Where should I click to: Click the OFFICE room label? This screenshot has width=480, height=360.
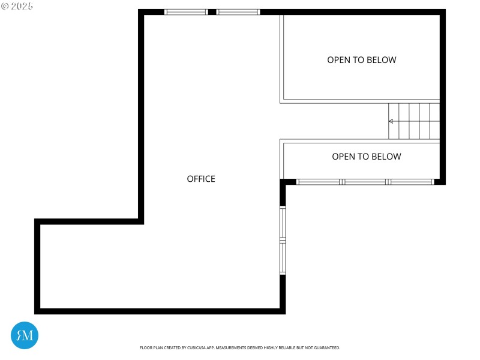[201, 179]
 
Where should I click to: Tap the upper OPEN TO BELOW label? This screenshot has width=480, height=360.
[361, 60]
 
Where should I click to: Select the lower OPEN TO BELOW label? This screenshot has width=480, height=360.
[366, 157]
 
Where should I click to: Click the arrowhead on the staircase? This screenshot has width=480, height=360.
[391, 121]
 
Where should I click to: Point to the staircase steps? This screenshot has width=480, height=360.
[415, 121]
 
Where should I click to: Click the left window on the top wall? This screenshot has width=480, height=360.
[186, 11]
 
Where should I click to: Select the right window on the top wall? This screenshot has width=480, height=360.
[238, 11]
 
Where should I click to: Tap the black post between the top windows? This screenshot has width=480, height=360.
[212, 11]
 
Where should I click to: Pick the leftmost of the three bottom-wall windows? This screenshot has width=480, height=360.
[319, 181]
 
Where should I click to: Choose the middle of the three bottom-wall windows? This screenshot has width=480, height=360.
[365, 181]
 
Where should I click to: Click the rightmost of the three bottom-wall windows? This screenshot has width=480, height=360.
[411, 181]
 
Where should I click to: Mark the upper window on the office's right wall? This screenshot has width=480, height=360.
[283, 223]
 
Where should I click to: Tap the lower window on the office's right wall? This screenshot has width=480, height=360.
[283, 258]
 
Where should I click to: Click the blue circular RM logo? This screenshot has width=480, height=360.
[25, 335]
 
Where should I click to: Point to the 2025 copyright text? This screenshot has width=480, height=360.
[18, 6]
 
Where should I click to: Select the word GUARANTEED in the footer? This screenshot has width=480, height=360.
[328, 348]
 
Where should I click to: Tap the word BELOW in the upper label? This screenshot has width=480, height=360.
[383, 60]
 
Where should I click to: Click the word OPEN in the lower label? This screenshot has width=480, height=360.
[343, 157]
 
